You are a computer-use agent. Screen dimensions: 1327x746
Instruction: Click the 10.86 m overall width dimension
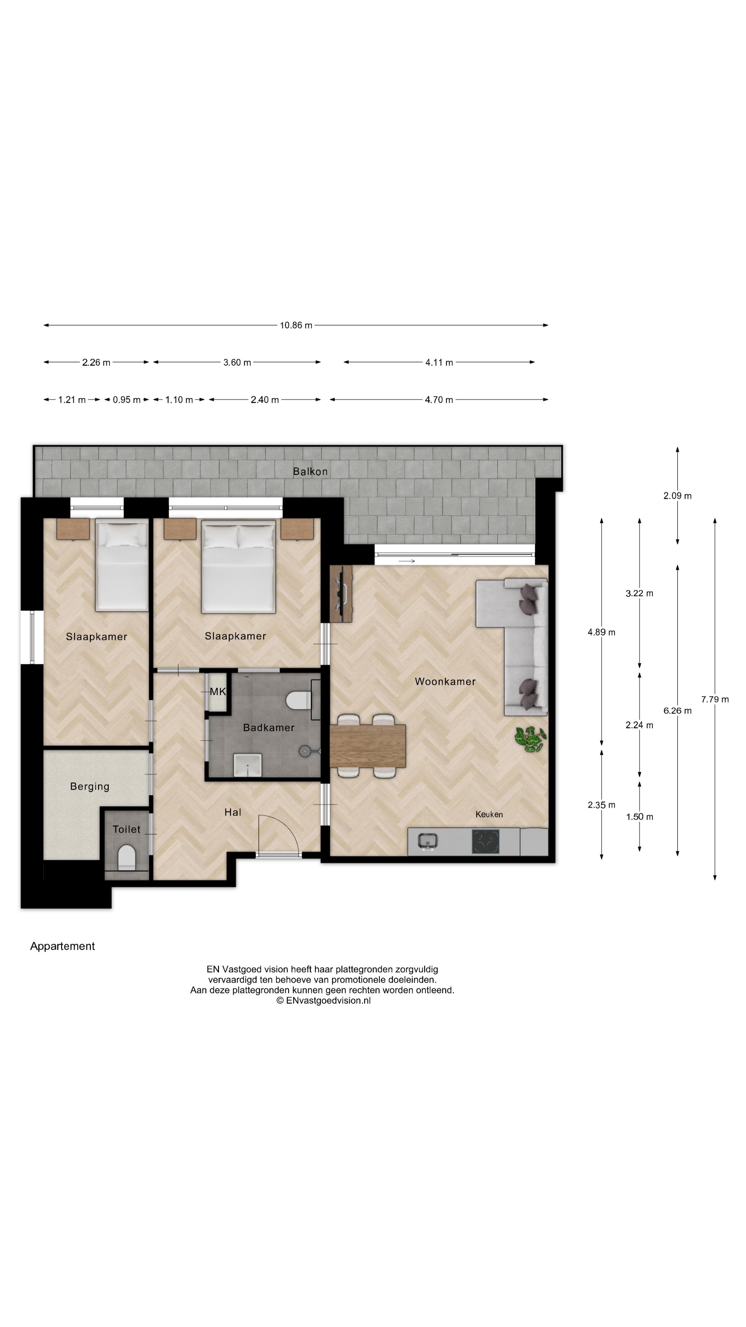coord(296,325)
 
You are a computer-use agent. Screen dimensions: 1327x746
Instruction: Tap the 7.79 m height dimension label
coord(714,699)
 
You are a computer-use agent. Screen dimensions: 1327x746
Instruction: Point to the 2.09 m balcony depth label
coord(677,496)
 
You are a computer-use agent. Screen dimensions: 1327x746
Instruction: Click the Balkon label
coord(310,471)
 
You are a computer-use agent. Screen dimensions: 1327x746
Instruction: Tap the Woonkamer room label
coord(445,681)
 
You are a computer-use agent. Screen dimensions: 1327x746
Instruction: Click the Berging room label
coord(89,787)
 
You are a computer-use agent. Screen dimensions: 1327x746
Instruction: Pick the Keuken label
coord(489,815)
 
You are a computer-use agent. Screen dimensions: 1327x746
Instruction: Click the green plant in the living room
coord(530,739)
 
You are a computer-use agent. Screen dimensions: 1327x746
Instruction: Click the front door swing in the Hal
coord(278,835)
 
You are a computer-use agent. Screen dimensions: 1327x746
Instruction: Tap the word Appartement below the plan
coord(62,946)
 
